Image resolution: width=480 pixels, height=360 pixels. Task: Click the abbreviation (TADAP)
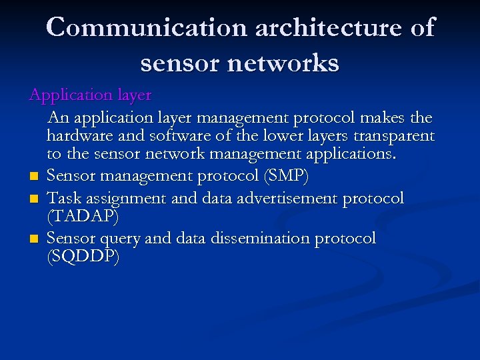(x=83, y=217)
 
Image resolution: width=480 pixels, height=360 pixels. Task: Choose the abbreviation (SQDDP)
(x=83, y=257)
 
